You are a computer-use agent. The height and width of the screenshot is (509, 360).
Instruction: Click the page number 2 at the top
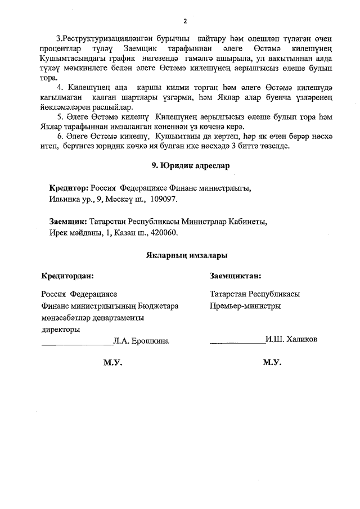[x=184, y=22]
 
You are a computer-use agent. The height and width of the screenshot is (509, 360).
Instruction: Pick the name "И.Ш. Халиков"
[x=292, y=340]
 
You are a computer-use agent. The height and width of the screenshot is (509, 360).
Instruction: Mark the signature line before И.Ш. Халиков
[x=237, y=341]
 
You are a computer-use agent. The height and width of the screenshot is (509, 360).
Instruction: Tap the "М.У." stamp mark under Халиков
[x=272, y=363]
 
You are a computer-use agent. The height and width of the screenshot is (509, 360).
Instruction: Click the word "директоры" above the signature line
[x=61, y=329]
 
